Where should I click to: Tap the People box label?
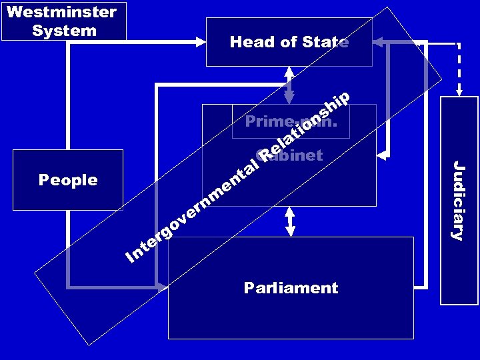pyautogui.click(x=68, y=180)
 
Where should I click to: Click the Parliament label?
pyautogui.click(x=291, y=288)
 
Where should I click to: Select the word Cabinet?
pyautogui.click(x=293, y=156)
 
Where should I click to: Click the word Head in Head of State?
pyautogui.click(x=252, y=42)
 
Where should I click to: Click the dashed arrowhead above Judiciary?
pyautogui.click(x=459, y=91)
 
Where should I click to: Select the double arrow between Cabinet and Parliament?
pyautogui.click(x=289, y=221)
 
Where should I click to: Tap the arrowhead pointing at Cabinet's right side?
pyautogui.click(x=382, y=155)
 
